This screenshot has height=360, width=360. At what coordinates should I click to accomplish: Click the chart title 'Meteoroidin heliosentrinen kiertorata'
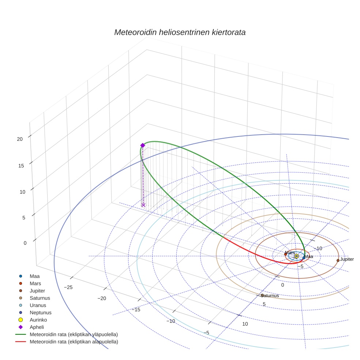coord(180,32)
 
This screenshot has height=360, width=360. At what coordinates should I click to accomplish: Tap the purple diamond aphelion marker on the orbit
coord(143,145)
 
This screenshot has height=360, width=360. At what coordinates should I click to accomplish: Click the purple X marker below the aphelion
coord(143,205)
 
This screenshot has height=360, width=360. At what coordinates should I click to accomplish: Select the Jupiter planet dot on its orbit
coord(338,260)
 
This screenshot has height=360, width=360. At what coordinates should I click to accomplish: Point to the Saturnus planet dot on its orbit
coord(262,295)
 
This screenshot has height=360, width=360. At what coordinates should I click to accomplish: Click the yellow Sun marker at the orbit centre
coord(296,256)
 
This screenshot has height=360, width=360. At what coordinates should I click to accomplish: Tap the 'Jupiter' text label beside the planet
coord(347,259)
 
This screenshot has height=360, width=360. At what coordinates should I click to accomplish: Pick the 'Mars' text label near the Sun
coord(290,253)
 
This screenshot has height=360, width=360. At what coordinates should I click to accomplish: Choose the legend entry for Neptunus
coord(40,313)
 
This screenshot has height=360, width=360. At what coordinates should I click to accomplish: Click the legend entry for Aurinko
coord(38,320)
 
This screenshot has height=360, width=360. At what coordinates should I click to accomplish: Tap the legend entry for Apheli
coord(37,327)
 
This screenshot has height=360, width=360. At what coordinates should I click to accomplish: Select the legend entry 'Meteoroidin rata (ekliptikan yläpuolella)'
coord(74,334)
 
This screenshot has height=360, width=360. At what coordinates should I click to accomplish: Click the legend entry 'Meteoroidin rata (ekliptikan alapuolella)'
coord(74,342)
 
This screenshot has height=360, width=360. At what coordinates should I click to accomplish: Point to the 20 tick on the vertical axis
coord(20,139)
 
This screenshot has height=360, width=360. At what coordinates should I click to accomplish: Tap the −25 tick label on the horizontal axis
coord(68,288)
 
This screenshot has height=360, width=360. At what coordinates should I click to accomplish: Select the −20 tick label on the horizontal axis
coord(102,299)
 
